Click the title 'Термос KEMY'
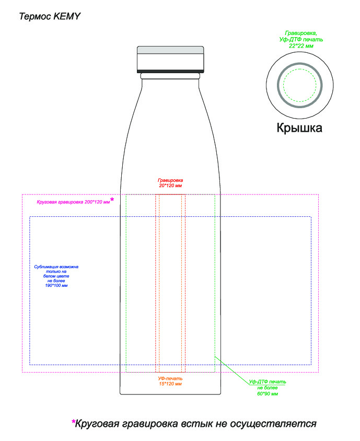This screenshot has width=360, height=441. click(x=50, y=16)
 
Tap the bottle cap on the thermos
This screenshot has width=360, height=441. click(x=170, y=59)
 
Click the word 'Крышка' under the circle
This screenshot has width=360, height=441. click(x=299, y=128)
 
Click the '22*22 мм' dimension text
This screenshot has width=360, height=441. click(x=301, y=46)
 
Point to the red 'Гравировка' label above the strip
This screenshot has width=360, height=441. click(x=170, y=180)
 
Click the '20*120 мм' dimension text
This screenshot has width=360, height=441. click(x=170, y=185)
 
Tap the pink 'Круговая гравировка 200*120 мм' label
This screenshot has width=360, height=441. click(x=73, y=202)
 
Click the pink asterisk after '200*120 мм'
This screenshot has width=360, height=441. click(x=112, y=200)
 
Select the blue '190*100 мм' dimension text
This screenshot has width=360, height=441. click(x=56, y=285)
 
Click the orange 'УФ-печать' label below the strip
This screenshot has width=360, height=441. click(x=170, y=379)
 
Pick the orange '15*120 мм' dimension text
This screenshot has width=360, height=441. click(x=170, y=384)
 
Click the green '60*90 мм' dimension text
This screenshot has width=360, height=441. click(x=268, y=394)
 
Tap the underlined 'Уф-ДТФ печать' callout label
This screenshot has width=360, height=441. click(x=268, y=381)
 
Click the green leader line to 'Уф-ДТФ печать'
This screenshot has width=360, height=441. click(x=233, y=370)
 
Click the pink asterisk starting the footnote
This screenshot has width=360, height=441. click(x=74, y=422)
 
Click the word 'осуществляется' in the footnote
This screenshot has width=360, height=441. click(x=273, y=424)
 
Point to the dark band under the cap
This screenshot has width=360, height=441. click(x=170, y=71)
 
